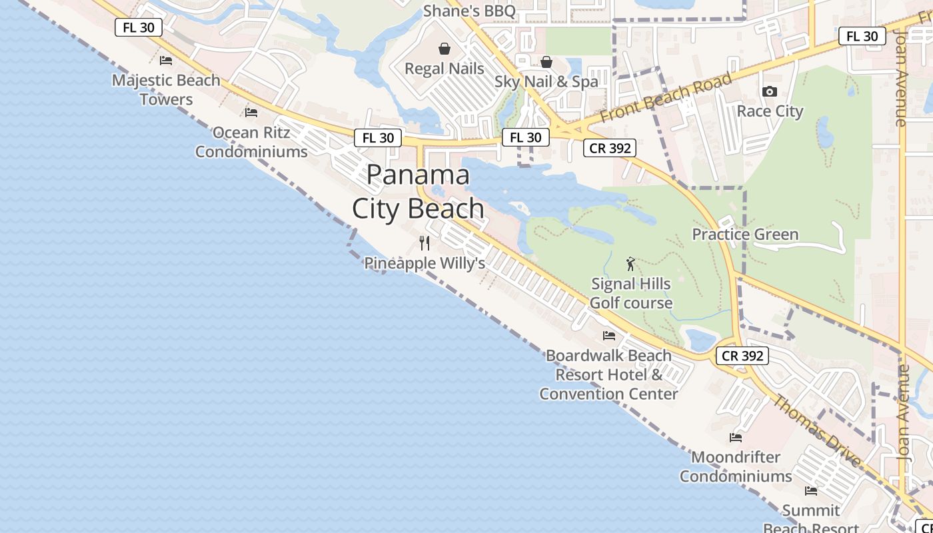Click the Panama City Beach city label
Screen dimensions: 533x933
419,192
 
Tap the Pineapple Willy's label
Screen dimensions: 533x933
425,263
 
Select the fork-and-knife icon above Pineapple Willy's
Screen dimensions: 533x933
425,243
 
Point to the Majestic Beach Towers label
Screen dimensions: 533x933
166,89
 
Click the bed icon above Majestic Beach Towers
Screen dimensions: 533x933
166,61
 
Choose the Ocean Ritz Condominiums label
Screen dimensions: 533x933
251,142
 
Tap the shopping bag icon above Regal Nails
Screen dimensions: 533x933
445,49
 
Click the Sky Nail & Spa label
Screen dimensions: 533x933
546,81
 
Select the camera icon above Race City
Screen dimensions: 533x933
770,92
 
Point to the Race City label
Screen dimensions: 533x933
770,111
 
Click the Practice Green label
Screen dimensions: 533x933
745,234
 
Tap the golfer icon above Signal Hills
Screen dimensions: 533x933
630,265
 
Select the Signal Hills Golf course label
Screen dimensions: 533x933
631,293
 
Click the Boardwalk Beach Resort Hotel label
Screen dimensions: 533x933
608,374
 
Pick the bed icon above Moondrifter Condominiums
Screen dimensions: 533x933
736,438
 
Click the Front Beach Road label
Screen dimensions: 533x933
666,97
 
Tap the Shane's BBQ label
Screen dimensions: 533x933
470,11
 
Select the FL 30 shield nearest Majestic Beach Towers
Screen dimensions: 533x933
139,27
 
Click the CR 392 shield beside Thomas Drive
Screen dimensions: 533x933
742,356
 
